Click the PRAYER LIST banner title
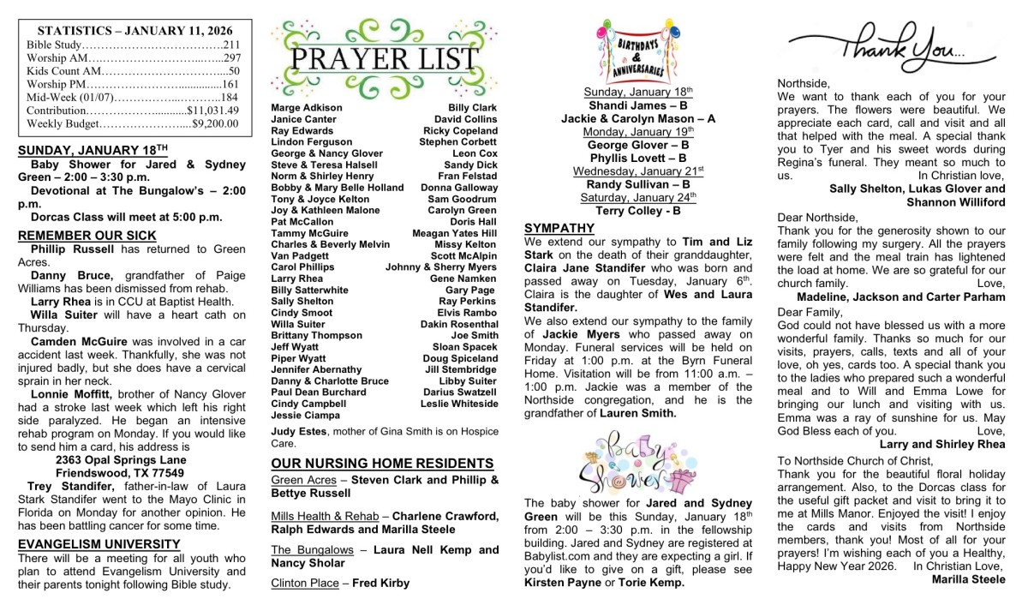click(x=384, y=59)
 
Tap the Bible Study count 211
click(x=231, y=45)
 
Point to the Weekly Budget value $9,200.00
click(x=215, y=123)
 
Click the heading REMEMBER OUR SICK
click(x=87, y=236)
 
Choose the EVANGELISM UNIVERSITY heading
click(x=99, y=544)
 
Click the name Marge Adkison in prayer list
click(x=306, y=108)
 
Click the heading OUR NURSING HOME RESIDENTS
click(x=382, y=464)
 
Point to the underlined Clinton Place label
click(x=304, y=583)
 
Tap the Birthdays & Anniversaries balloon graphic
click(x=638, y=52)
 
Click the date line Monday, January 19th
click(x=637, y=132)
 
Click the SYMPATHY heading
click(x=559, y=228)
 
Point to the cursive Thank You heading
click(x=878, y=47)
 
